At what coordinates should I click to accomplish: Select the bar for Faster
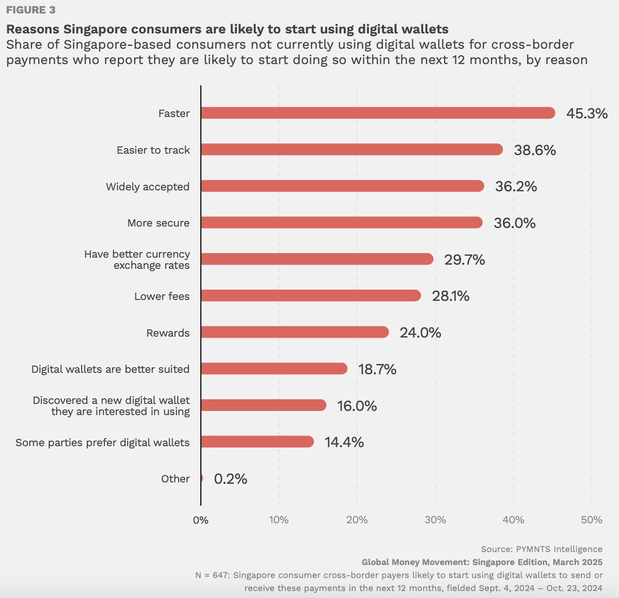click(x=378, y=113)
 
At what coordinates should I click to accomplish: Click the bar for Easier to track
click(x=352, y=149)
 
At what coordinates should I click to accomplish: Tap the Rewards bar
click(x=295, y=332)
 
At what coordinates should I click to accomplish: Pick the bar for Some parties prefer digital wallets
click(x=257, y=442)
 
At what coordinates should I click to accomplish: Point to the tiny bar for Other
click(x=201, y=478)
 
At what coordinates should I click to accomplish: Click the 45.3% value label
click(x=587, y=113)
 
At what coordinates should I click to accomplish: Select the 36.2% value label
click(x=516, y=187)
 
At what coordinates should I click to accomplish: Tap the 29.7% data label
click(x=464, y=260)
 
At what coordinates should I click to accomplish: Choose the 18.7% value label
click(x=377, y=369)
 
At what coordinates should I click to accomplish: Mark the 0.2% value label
click(x=230, y=479)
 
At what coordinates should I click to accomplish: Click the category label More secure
click(x=158, y=223)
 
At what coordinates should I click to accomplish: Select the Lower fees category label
click(x=162, y=296)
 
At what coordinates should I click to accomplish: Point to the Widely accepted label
click(x=148, y=187)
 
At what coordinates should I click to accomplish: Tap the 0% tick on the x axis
click(x=201, y=520)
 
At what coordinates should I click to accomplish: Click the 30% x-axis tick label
click(x=435, y=520)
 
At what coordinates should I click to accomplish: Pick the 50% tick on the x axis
click(x=592, y=520)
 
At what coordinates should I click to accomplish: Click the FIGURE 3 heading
click(x=31, y=10)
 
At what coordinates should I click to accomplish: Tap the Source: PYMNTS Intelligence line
click(x=542, y=549)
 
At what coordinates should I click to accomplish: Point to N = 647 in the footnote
click(x=212, y=575)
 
